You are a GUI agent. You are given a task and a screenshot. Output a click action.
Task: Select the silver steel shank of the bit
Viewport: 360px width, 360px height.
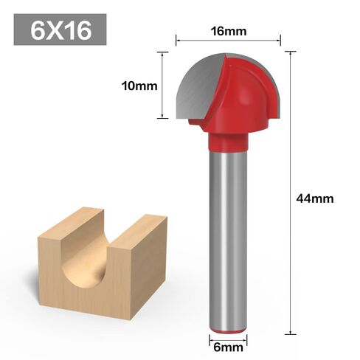[226, 236]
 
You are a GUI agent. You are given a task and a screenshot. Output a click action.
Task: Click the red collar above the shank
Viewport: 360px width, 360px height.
[227, 138]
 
